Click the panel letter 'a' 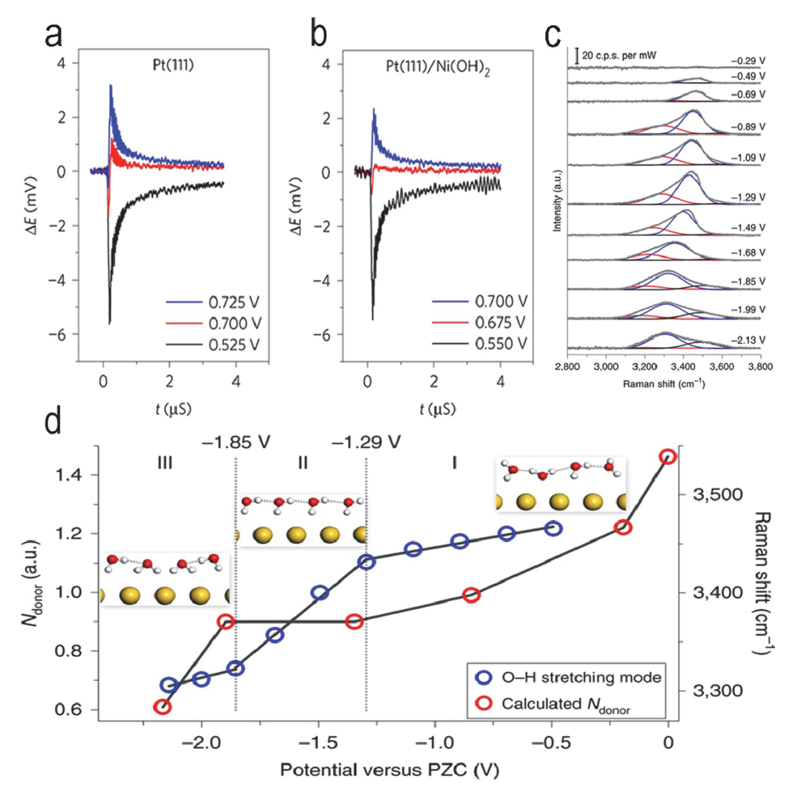(x=52, y=33)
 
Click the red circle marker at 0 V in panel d (x=667, y=456)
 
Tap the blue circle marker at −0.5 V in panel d (x=553, y=528)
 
